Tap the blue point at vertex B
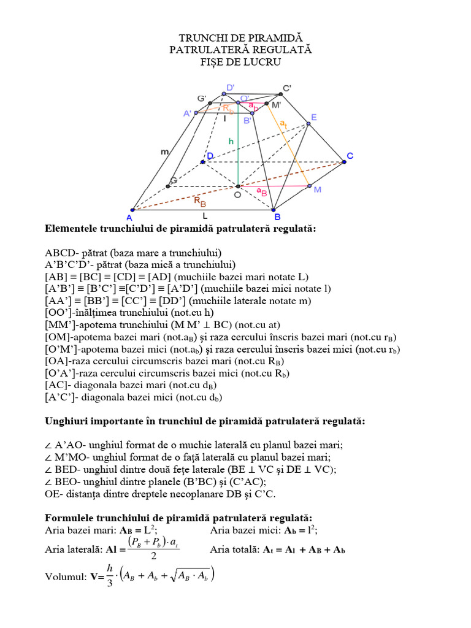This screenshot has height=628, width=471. [x=275, y=210]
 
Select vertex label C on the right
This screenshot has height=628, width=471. [x=350, y=156]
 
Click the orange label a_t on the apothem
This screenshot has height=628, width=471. [x=283, y=124]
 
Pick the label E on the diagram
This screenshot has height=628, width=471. [x=313, y=117]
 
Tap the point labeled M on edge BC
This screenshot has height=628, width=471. [x=309, y=185]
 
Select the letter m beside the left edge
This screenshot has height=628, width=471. [x=164, y=151]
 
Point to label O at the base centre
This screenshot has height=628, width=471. [x=236, y=195]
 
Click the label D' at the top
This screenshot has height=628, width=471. [x=230, y=88]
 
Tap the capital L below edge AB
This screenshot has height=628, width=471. [x=205, y=216]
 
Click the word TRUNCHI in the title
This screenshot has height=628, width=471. [x=202, y=38]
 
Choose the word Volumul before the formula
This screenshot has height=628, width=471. [x=64, y=577]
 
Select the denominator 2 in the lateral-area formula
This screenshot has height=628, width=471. [x=154, y=556]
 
